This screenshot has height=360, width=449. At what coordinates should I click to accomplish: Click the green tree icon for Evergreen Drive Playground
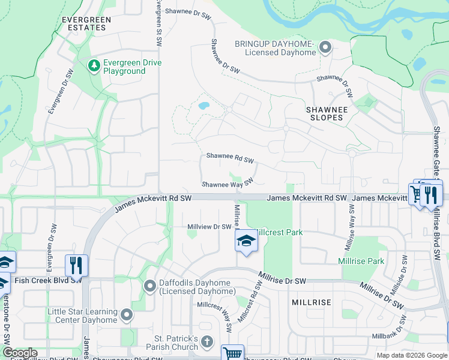[x=93, y=65]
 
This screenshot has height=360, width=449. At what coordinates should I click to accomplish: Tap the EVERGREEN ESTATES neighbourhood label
[x=86, y=23]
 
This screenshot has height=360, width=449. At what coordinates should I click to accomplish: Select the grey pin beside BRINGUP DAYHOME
[x=325, y=47]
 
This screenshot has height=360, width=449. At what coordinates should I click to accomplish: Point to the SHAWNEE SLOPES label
[x=325, y=113]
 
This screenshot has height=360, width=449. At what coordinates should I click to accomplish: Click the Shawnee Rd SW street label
[x=231, y=157]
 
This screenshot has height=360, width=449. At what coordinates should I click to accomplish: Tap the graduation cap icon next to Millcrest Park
[x=244, y=241]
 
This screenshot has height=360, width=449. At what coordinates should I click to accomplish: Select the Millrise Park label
[x=361, y=261]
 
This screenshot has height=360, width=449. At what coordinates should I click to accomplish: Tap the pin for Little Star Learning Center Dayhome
[x=126, y=315]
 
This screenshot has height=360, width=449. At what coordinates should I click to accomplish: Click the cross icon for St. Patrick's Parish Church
[x=206, y=342]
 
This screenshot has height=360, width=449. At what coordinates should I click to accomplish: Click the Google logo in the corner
[x=19, y=353]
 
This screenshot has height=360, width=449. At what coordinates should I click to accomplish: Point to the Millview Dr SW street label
[x=209, y=226]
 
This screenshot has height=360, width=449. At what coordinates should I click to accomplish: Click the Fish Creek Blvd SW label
[x=48, y=280]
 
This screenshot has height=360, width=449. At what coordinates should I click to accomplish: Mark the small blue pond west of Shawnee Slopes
[x=204, y=106]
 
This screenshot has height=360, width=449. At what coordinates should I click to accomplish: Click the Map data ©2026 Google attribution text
[x=411, y=355]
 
